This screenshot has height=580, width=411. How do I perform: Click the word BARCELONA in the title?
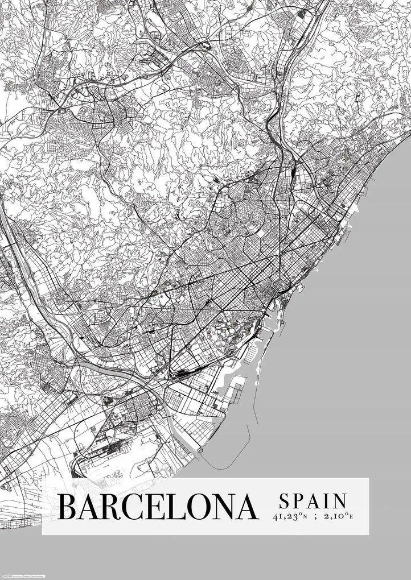[x=158, y=507]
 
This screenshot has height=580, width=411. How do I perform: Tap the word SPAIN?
[x=313, y=501]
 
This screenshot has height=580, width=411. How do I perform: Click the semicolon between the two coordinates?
[x=315, y=517]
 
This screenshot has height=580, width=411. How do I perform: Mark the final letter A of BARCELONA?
[x=245, y=507]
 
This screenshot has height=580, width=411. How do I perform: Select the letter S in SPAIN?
[x=283, y=501]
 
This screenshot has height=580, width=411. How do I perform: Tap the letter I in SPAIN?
[x=328, y=501]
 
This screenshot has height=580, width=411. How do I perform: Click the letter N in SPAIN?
[x=340, y=501]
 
